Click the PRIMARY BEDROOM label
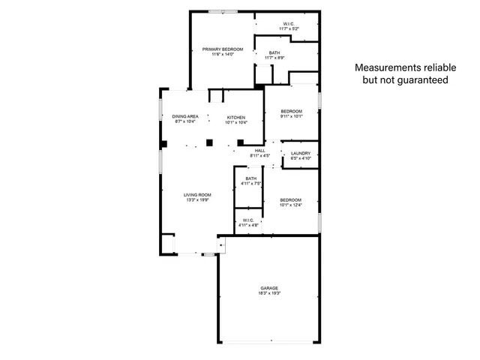pyautogui.click(x=223, y=49)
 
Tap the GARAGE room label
pyautogui.click(x=269, y=288)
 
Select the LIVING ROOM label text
pyautogui.click(x=198, y=195)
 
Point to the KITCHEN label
pyautogui.click(x=237, y=117)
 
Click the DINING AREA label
pyautogui.click(x=185, y=117)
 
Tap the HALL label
pyautogui.click(x=259, y=151)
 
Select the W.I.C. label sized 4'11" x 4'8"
pyautogui.click(x=249, y=220)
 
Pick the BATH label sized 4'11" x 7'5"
pyautogui.click(x=250, y=178)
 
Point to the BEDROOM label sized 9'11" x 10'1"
pyautogui.click(x=291, y=111)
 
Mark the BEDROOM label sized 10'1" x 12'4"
pyautogui.click(x=290, y=199)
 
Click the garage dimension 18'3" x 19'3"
pyautogui.click(x=269, y=293)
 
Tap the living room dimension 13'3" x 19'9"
pyautogui.click(x=198, y=200)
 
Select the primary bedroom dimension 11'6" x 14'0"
pyautogui.click(x=223, y=55)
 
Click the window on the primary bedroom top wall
pyautogui.click(x=223, y=11)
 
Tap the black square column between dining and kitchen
pyautogui.click(x=211, y=142)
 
